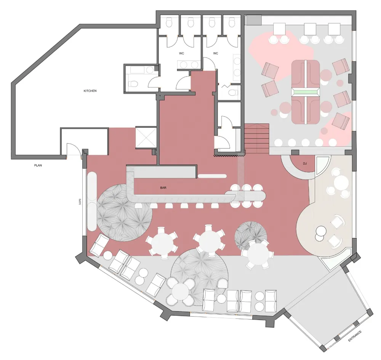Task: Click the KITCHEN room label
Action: click(x=90, y=91)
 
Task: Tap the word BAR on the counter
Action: click(x=163, y=188)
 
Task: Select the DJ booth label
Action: click(x=304, y=163)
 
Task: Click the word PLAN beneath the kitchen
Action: click(x=38, y=166)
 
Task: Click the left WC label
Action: click(x=181, y=53)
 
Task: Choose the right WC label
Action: click(x=216, y=53)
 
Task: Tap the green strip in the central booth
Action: click(x=306, y=92)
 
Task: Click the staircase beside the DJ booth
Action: click(x=257, y=139)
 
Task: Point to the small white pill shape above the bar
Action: click(x=211, y=176)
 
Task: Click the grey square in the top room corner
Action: click(x=255, y=20)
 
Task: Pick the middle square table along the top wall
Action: click(x=310, y=29)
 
